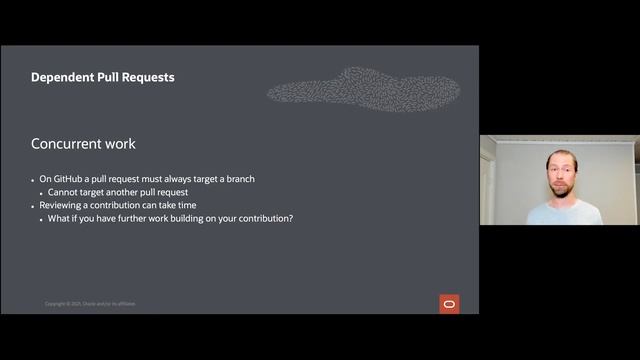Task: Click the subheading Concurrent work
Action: click(83, 143)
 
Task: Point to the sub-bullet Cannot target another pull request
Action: click(117, 192)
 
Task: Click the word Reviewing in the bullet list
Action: click(62, 205)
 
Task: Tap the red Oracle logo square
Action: click(449, 303)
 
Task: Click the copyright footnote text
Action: click(90, 304)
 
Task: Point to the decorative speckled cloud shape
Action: click(365, 90)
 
